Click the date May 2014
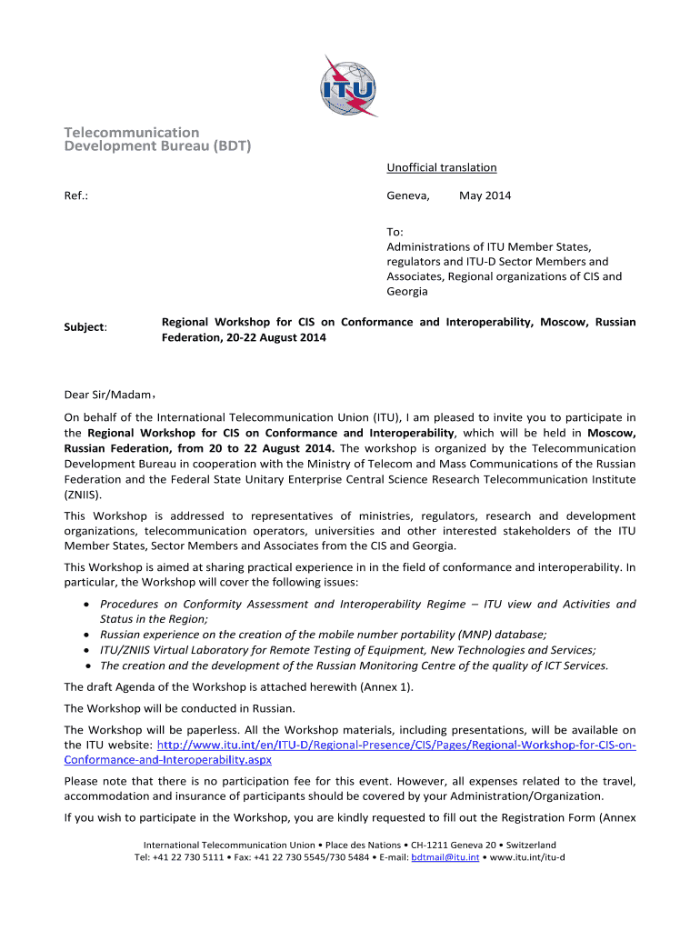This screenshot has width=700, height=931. pyautogui.click(x=485, y=195)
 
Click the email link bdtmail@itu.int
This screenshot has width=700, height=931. pyautogui.click(x=445, y=857)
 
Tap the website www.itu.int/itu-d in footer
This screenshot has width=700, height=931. pyautogui.click(x=527, y=857)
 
